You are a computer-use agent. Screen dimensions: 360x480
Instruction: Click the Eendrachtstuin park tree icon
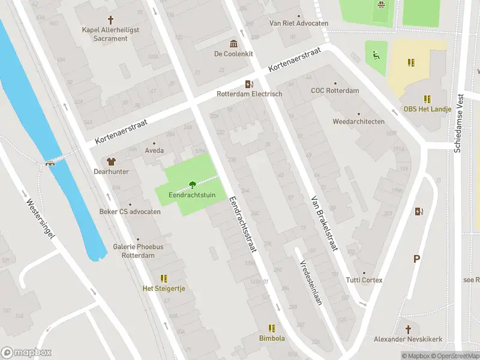tap(191, 184)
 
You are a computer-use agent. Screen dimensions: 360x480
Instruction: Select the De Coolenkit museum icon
tap(233, 44)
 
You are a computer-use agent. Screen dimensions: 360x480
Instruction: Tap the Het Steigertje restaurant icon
tap(164, 278)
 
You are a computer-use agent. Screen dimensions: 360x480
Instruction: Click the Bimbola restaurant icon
tap(272, 328)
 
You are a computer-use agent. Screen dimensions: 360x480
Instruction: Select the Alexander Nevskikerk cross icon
tap(409, 329)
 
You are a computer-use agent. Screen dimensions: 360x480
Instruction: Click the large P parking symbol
tap(416, 259)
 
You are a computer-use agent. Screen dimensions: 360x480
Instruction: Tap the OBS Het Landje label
tap(427, 109)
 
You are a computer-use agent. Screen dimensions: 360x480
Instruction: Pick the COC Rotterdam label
tap(335, 91)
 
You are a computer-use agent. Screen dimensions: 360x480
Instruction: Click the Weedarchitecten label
tap(359, 121)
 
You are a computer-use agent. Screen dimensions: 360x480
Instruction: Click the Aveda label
tap(154, 151)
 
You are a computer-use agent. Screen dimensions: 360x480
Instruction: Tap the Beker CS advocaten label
tap(130, 212)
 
